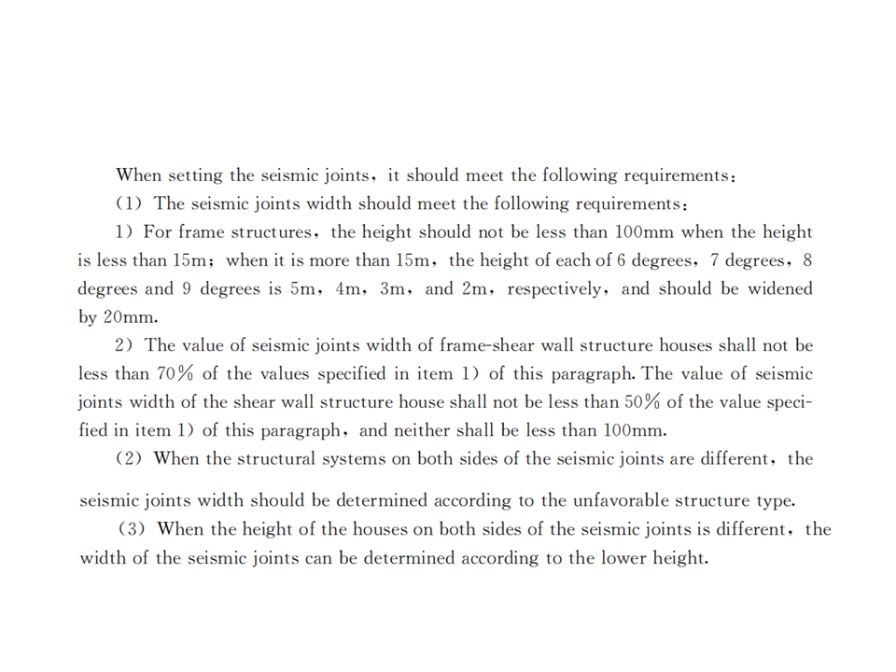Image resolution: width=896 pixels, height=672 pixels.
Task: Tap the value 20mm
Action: [x=126, y=316]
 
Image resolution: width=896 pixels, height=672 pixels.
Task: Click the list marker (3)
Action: [x=133, y=529]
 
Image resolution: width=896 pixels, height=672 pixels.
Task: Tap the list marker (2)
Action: [x=130, y=459]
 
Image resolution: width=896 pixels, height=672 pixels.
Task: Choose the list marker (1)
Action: [x=130, y=203]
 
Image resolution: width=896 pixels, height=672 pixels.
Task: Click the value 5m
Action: [x=305, y=288]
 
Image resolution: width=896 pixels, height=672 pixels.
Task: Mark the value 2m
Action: [x=477, y=288]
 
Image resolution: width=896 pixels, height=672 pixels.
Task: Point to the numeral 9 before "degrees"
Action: [x=187, y=288]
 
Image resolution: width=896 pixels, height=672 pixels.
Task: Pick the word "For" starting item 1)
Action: [x=157, y=232]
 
